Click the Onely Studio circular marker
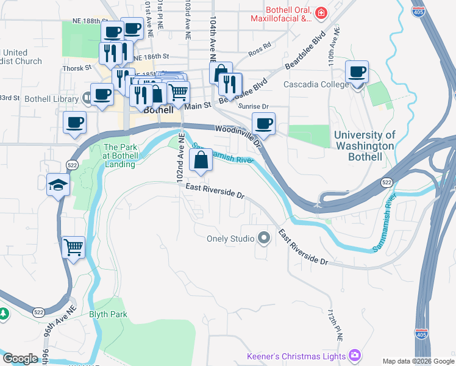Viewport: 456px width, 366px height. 264,238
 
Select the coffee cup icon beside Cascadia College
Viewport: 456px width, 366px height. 357,72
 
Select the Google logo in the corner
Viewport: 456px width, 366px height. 20,359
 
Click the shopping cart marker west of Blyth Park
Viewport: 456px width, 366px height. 74,247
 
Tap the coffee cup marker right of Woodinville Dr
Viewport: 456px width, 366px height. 263,123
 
